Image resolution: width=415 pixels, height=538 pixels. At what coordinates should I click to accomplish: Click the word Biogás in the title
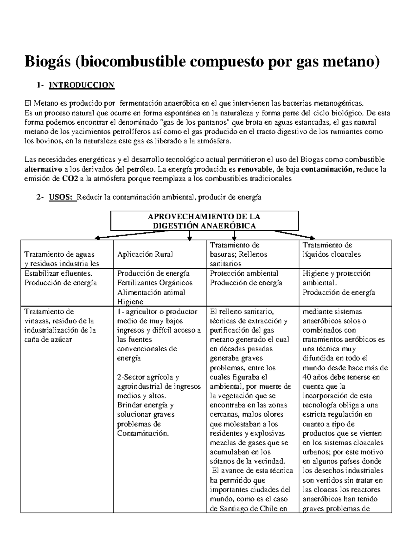tap(45, 62)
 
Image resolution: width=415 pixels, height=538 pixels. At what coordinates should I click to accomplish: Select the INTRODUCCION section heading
tap(81, 85)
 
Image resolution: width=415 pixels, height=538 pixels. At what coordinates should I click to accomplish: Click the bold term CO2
tap(70, 179)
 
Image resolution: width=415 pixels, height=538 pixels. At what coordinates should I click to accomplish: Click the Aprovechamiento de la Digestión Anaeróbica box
tap(204, 221)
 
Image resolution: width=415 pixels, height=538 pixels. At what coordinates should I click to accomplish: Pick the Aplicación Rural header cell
tap(145, 254)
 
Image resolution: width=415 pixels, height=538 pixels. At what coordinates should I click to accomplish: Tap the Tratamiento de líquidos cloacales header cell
tap(331, 250)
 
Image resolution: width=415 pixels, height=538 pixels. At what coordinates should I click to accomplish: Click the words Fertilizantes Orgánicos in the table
tap(155, 283)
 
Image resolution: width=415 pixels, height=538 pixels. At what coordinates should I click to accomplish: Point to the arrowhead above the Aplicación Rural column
tap(189, 238)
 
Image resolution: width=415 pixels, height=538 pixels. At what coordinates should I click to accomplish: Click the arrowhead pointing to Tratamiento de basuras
tap(234, 238)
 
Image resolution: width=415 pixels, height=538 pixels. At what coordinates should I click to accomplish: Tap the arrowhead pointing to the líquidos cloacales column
tap(312, 237)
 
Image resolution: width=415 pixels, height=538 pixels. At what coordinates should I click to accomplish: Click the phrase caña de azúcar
tap(48, 339)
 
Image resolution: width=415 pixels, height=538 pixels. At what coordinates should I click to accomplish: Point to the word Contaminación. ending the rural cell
tap(143, 433)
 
